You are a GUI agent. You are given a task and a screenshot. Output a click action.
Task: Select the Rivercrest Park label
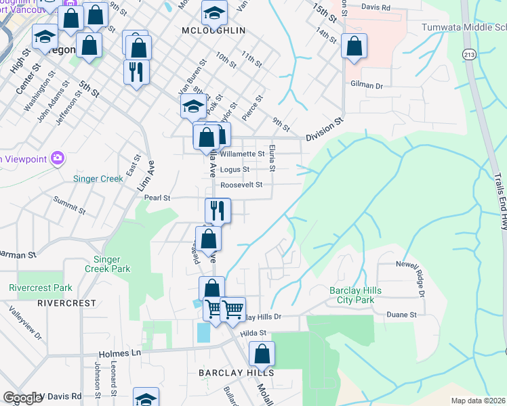pos(41,288)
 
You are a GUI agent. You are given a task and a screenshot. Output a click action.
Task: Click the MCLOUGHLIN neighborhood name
pos(214,31)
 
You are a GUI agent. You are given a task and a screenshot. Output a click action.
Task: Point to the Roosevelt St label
pos(240,185)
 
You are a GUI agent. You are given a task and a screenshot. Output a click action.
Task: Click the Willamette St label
pos(242,154)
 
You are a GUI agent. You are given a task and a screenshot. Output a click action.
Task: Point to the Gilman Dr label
pos(367,86)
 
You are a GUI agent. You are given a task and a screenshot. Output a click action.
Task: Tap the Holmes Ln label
pos(119,353)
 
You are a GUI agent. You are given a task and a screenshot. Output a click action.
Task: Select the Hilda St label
pos(253,332)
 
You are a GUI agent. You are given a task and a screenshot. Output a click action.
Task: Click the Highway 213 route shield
pos(469,54)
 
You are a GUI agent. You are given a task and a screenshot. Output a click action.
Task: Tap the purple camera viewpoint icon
pos(58,158)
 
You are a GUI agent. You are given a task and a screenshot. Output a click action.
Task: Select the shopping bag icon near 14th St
pos(354,46)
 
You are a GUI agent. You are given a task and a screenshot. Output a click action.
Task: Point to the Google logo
pos(23,399)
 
